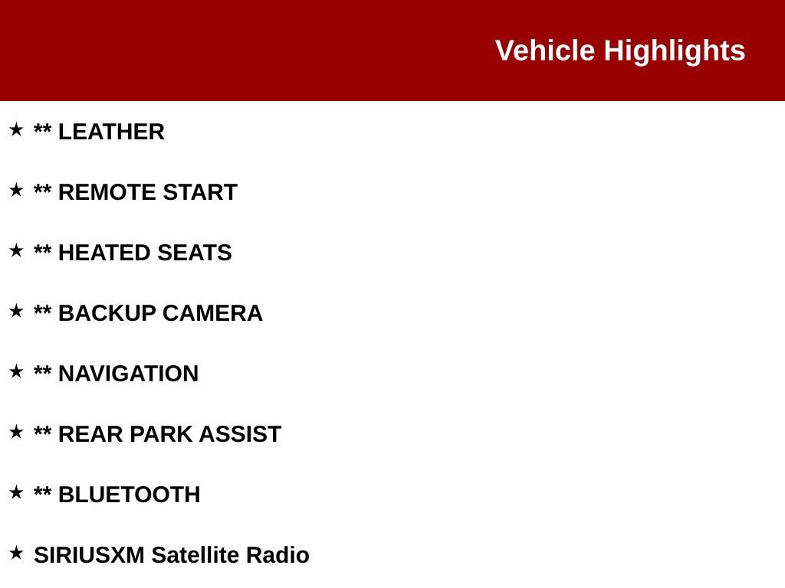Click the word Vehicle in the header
(x=545, y=51)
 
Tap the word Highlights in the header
(x=674, y=51)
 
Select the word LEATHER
(x=111, y=132)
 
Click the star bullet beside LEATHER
(x=16, y=129)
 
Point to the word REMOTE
(x=107, y=193)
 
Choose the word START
(x=200, y=193)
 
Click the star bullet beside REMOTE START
(x=16, y=190)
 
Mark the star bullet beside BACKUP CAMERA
(x=16, y=311)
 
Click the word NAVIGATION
(x=128, y=374)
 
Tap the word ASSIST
(x=240, y=435)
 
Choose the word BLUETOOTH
(x=129, y=495)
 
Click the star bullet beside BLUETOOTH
(x=16, y=492)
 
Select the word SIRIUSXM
(x=89, y=556)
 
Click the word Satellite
(x=195, y=556)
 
